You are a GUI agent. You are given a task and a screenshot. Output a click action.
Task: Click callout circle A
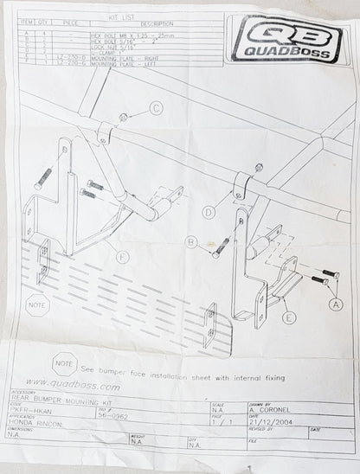pos(334,304)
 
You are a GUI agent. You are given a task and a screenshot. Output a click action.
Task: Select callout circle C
pos(157,108)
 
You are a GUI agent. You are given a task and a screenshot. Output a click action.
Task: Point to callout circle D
pos(209,210)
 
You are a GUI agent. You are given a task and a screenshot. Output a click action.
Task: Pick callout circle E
pos(288,317)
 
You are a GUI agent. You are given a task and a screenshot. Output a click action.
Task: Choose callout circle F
pos(123,257)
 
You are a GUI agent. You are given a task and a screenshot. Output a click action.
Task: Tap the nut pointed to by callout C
pos(125,116)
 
